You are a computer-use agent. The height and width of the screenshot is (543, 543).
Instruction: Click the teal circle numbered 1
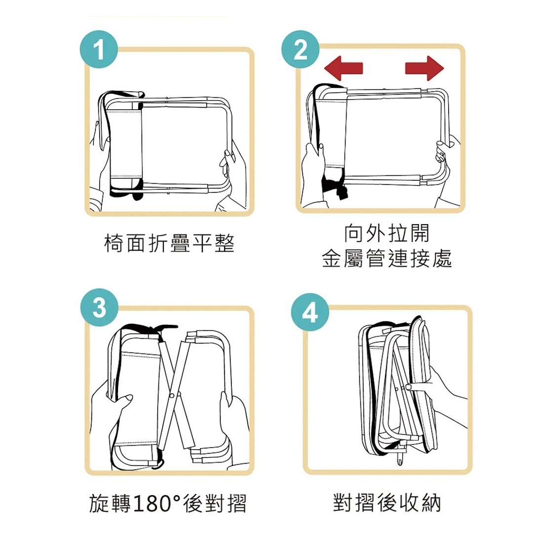click(99, 49)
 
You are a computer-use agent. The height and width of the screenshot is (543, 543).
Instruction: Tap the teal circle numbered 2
click(301, 49)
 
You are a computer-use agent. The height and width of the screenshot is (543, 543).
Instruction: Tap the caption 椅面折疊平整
click(169, 243)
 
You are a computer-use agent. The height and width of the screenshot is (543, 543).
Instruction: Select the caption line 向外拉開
click(387, 233)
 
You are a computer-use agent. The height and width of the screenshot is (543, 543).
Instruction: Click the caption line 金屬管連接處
click(387, 258)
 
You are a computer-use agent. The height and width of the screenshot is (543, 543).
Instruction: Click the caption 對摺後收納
click(387, 503)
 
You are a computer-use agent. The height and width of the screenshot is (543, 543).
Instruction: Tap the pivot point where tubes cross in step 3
click(173, 395)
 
